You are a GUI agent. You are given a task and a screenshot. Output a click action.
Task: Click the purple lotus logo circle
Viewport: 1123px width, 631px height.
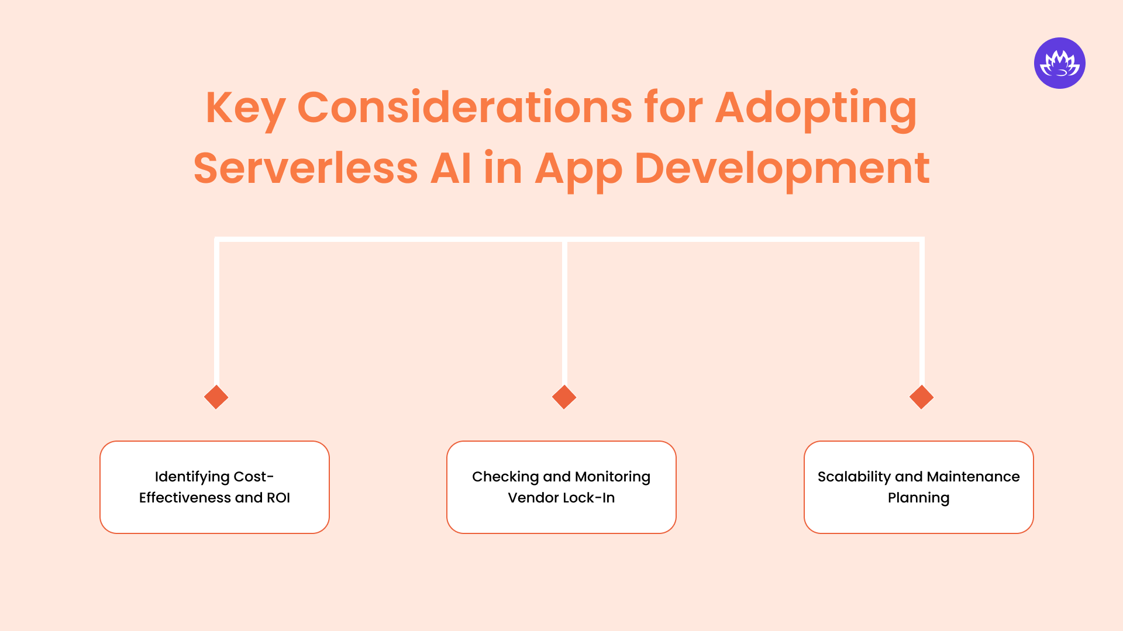(x=1059, y=63)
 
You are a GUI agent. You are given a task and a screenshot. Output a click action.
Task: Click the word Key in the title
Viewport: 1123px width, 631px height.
(x=245, y=108)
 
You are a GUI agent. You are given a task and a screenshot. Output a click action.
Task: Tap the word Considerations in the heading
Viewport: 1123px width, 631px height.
(x=464, y=108)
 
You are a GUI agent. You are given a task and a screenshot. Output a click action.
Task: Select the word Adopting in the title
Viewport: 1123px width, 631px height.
(x=816, y=108)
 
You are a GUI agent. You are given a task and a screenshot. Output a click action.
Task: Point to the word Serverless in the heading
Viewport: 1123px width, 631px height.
(x=305, y=169)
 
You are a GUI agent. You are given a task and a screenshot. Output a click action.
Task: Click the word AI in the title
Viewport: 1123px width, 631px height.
(x=451, y=169)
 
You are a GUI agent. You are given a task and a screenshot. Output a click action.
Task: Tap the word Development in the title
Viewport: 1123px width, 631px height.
(x=782, y=169)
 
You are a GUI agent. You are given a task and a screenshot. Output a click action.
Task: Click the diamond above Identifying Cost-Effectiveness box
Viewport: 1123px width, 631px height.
(x=216, y=397)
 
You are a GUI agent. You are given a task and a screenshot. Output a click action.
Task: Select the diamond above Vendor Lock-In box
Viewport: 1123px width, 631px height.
(x=564, y=397)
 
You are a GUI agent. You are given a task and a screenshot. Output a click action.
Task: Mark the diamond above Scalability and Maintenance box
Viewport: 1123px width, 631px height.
(x=921, y=397)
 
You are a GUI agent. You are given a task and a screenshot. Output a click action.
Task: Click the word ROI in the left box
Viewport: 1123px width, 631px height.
(x=278, y=498)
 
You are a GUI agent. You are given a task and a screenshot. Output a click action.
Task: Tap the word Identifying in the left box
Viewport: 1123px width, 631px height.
(x=192, y=477)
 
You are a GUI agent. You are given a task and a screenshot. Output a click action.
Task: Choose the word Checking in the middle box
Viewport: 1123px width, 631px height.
(x=505, y=477)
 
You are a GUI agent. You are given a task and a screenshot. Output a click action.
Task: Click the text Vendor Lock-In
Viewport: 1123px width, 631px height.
(x=561, y=498)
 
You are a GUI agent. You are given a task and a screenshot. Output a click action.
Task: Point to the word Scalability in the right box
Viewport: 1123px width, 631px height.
(x=854, y=477)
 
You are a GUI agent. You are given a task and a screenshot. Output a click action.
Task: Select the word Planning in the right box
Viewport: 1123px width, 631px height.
(x=918, y=498)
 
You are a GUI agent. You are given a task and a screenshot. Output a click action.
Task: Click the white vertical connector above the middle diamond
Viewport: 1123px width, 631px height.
(x=564, y=315)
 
